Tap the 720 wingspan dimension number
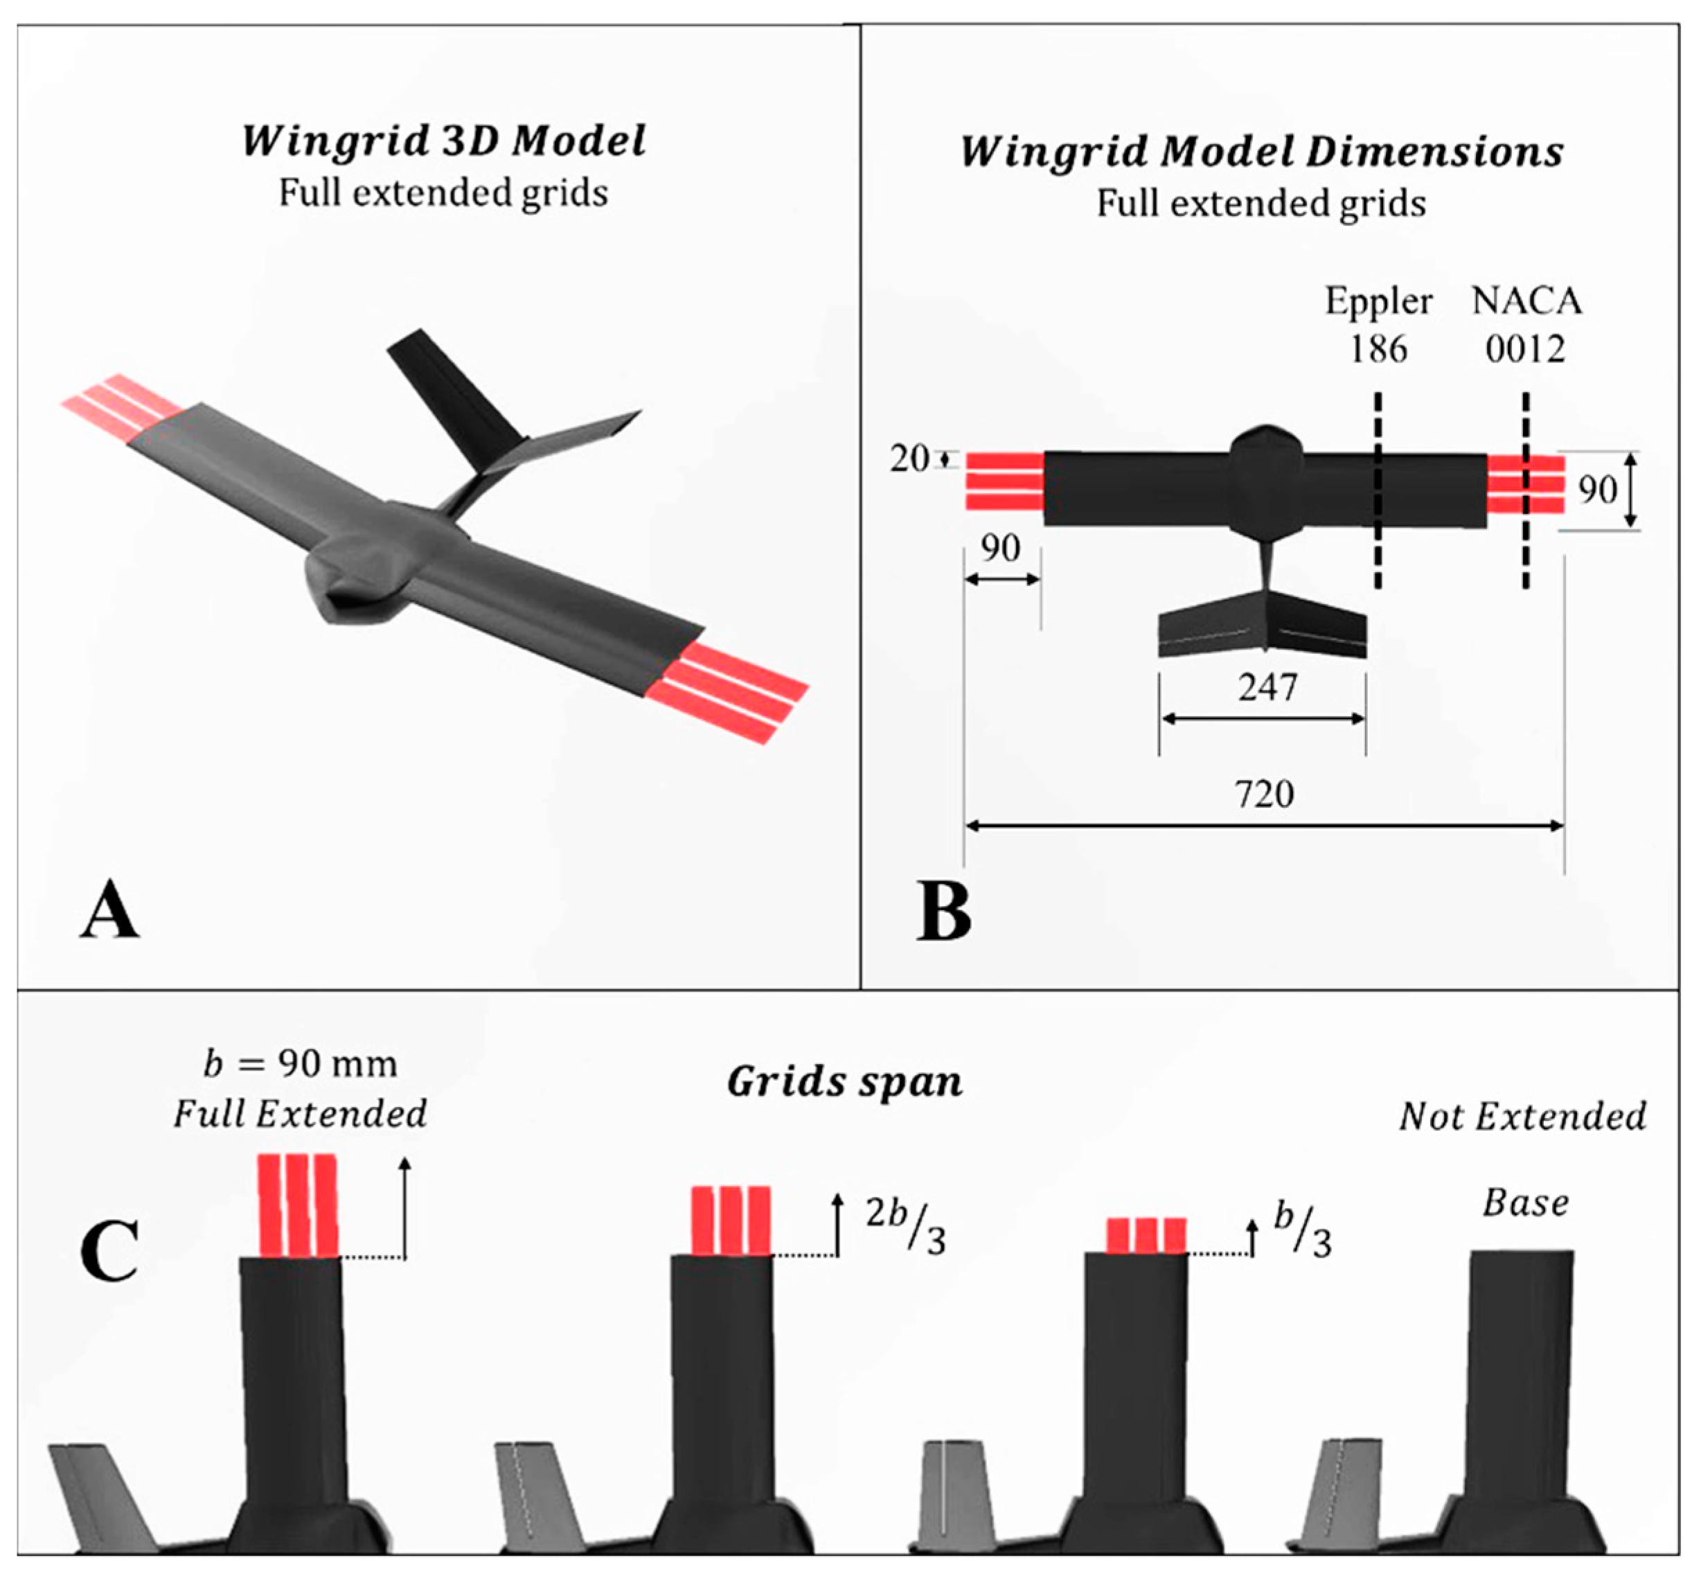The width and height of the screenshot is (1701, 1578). [1264, 794]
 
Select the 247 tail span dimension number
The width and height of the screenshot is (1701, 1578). [1267, 687]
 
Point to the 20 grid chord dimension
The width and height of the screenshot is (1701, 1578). [909, 459]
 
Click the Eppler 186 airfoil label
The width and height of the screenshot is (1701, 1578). [1378, 324]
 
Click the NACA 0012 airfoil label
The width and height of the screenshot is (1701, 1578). [1526, 324]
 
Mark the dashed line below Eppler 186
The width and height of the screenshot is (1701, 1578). [1378, 495]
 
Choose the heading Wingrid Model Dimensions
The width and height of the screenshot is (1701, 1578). [1261, 152]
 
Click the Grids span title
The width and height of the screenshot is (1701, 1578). [844, 1082]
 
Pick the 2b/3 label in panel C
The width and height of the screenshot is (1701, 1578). [905, 1226]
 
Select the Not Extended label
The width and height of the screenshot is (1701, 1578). [1522, 1116]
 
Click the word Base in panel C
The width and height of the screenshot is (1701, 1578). [1525, 1203]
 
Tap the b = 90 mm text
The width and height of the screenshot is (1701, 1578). [301, 1064]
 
